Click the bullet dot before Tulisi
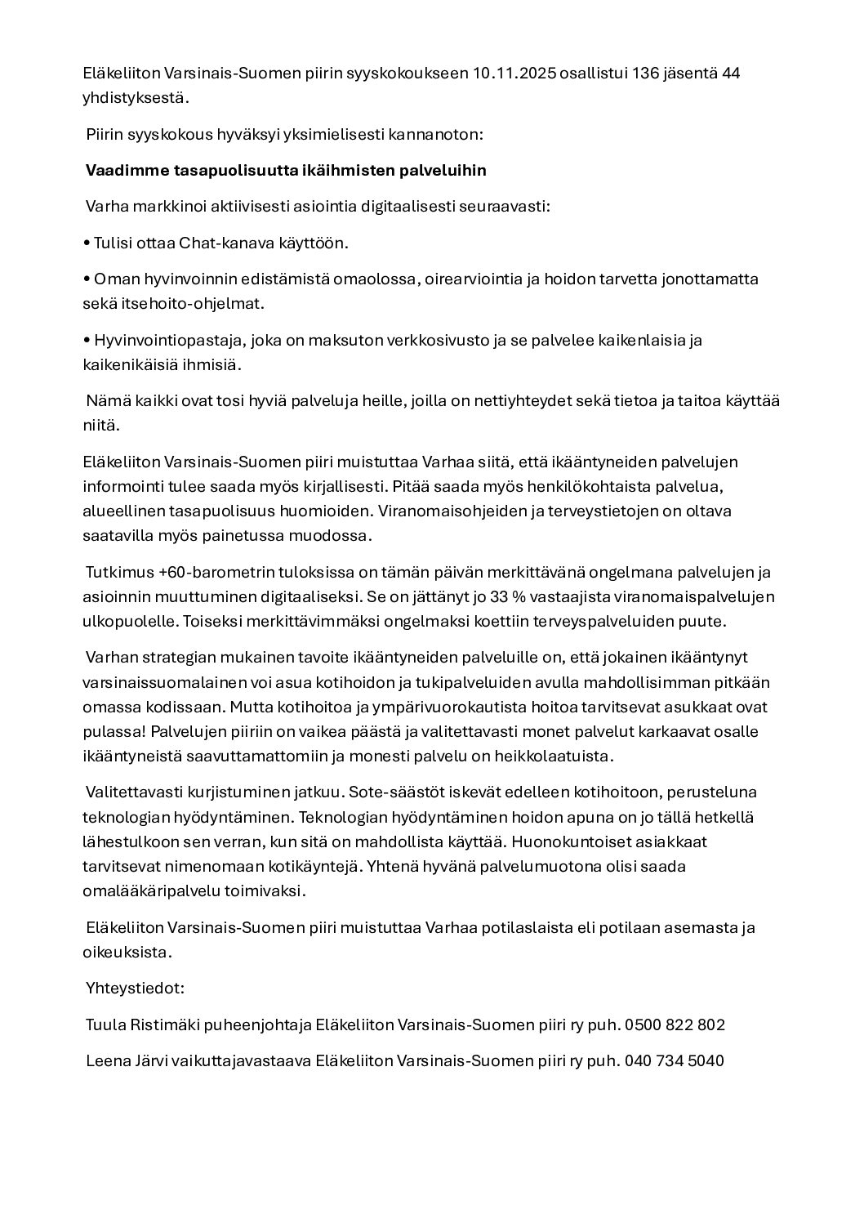(x=87, y=243)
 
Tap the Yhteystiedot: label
(x=135, y=988)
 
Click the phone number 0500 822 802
(x=675, y=1024)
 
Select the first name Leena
(x=108, y=1061)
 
